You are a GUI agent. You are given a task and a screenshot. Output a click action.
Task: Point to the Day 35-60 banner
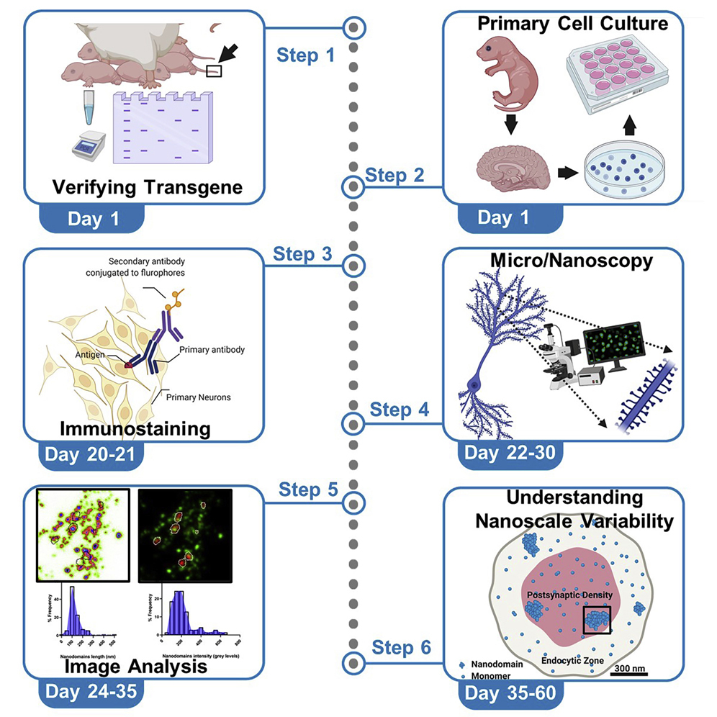[x=509, y=694]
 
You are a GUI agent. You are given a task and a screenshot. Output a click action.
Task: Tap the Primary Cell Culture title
[x=572, y=24]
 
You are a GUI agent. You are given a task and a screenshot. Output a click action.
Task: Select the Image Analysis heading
[x=135, y=666]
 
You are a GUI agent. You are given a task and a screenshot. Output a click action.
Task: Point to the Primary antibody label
[x=209, y=350]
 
